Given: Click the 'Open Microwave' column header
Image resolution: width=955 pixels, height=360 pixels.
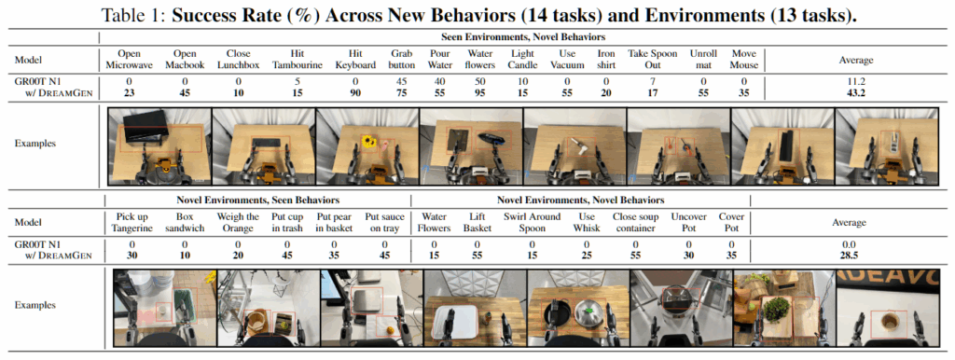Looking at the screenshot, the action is click(129, 59).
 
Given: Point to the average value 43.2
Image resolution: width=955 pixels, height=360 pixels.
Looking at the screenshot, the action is click(855, 92).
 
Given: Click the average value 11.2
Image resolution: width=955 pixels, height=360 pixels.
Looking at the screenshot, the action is click(855, 81).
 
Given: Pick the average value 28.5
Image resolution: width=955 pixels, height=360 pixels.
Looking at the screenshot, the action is click(849, 256).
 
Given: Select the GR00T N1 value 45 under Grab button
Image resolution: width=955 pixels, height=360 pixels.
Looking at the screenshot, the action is click(402, 81).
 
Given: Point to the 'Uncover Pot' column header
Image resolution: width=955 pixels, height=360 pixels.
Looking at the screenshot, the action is click(689, 222).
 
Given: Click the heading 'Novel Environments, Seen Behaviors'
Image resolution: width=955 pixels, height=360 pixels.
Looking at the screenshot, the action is click(258, 200).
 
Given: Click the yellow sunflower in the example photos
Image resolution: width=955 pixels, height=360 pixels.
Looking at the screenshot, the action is click(367, 142).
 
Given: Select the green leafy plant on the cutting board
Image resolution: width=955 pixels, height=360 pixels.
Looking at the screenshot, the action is click(773, 309).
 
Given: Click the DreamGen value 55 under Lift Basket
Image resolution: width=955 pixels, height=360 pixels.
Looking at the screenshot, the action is click(477, 256).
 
